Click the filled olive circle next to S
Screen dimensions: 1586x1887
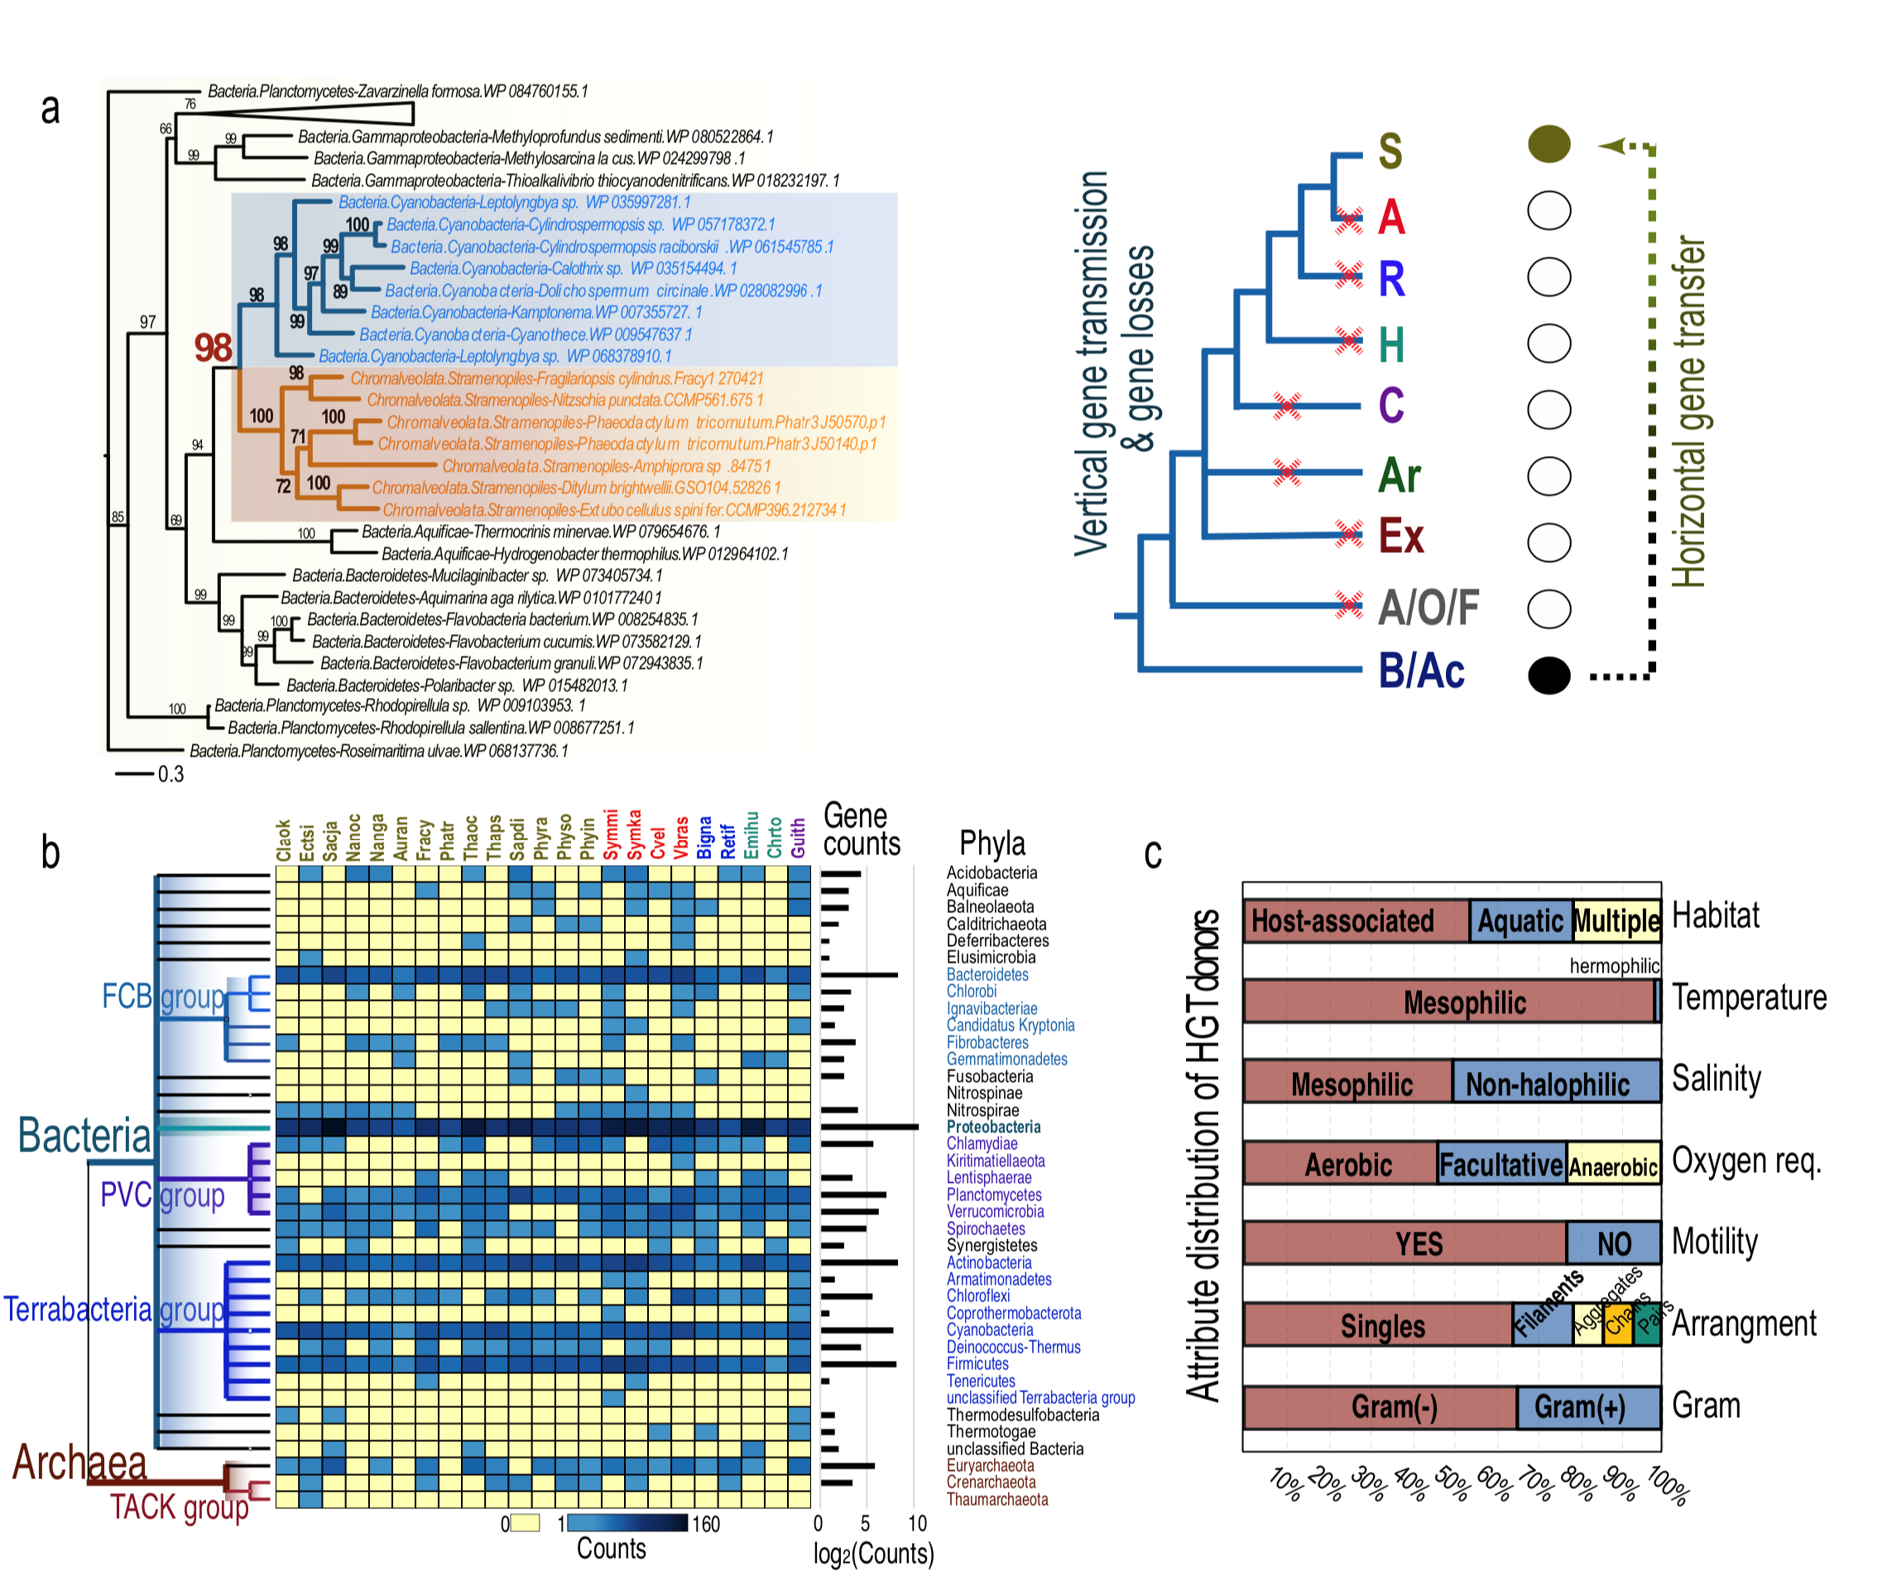tap(1547, 145)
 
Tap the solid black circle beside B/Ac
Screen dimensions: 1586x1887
tap(1547, 675)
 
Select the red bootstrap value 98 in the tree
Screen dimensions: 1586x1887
tap(213, 348)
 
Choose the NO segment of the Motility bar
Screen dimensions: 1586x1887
tap(1613, 1243)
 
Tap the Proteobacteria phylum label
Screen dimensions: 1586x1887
tap(993, 1127)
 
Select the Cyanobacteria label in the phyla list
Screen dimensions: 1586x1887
tap(990, 1329)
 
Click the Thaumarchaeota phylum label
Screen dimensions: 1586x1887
tap(997, 1499)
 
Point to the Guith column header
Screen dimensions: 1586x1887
tap(797, 838)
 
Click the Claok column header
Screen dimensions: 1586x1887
tap(284, 839)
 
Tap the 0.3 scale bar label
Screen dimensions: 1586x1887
tap(170, 774)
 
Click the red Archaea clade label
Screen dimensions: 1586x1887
tap(79, 1463)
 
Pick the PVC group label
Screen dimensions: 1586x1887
tap(162, 1196)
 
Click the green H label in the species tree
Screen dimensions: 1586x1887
tap(1390, 344)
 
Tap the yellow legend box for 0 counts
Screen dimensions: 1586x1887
tap(525, 1523)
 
